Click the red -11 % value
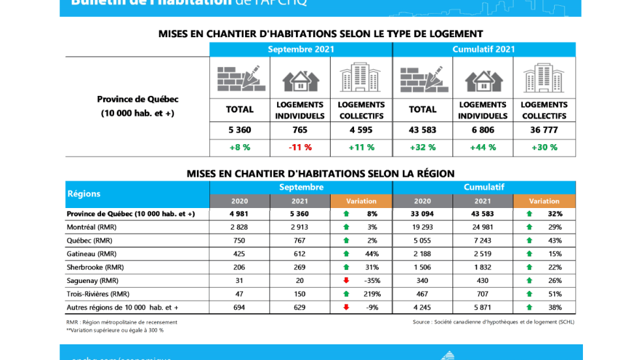(x=300, y=147)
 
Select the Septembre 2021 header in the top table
(x=301, y=50)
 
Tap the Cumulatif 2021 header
(x=483, y=50)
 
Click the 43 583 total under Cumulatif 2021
(x=423, y=130)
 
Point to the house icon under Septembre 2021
(x=300, y=80)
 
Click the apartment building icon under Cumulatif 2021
(x=544, y=78)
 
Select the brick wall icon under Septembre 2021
(x=240, y=79)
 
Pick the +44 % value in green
(x=483, y=147)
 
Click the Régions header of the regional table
(x=84, y=194)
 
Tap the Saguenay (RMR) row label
(x=93, y=280)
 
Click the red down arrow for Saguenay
(x=346, y=280)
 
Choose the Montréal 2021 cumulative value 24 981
(x=483, y=227)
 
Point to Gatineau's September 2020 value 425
(x=239, y=254)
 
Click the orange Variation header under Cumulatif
(x=544, y=201)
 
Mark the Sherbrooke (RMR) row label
(x=95, y=267)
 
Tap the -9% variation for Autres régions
(x=372, y=307)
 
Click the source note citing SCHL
(x=493, y=322)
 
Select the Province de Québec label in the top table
(x=138, y=99)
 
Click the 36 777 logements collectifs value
(x=544, y=130)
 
